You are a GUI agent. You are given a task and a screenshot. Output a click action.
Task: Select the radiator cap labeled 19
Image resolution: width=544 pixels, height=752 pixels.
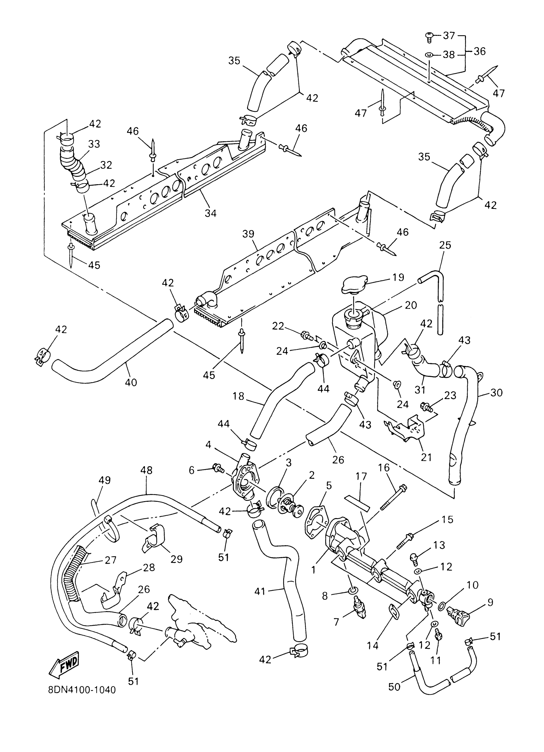click(x=355, y=284)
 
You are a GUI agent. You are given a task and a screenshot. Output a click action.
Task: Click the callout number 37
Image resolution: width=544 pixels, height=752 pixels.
click(x=449, y=36)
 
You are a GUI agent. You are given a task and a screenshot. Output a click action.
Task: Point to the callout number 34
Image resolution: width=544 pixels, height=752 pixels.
click(x=211, y=213)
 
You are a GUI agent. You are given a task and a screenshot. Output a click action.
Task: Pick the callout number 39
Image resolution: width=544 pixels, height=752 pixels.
click(x=248, y=234)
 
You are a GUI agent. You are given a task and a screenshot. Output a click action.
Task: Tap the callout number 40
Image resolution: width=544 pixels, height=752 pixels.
click(x=131, y=382)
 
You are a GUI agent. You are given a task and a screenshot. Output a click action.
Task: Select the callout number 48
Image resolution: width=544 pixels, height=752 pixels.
click(x=146, y=470)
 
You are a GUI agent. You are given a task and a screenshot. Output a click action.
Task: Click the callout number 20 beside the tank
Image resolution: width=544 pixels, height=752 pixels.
click(x=411, y=305)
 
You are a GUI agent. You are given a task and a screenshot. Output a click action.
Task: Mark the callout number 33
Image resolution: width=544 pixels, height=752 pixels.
click(x=94, y=144)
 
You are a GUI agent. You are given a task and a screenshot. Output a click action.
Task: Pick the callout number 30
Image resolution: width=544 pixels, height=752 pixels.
click(x=497, y=393)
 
